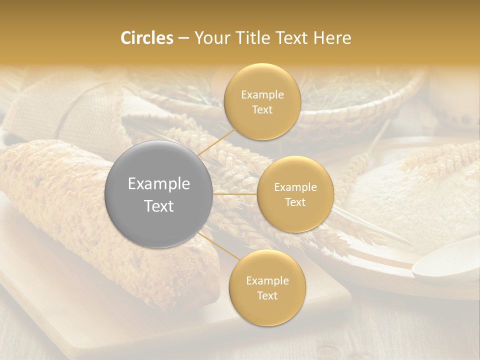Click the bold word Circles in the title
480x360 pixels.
(x=146, y=38)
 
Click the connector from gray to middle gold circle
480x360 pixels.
(x=235, y=193)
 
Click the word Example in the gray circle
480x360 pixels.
(x=158, y=184)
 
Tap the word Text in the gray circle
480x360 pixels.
(x=158, y=206)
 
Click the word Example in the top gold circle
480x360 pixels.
(x=262, y=95)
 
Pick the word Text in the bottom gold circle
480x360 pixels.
(x=267, y=295)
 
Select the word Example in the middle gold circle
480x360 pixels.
(x=295, y=187)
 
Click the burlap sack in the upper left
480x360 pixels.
(x=75, y=115)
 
